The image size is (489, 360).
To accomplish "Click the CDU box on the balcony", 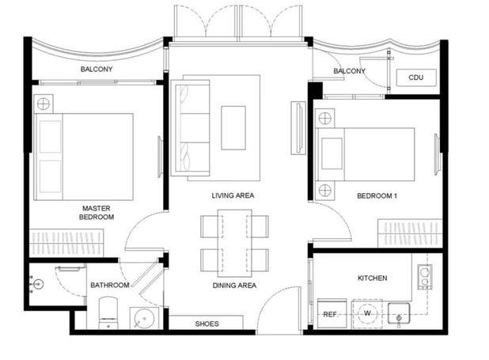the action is click(416, 78).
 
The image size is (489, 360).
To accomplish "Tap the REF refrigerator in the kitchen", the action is click(332, 313).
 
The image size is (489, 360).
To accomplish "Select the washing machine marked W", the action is click(367, 313).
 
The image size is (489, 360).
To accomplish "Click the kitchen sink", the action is click(399, 313).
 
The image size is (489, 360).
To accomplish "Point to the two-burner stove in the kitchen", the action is click(425, 277).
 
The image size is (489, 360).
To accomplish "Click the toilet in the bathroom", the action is click(108, 313).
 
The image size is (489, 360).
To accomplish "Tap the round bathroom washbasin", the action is click(144, 318).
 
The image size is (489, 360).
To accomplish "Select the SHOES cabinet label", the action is click(207, 324).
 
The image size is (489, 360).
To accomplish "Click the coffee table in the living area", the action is click(233, 128).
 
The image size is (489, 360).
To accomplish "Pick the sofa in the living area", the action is click(190, 128).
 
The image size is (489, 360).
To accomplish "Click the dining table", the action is click(234, 243).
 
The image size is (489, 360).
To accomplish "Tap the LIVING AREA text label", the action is click(233, 195).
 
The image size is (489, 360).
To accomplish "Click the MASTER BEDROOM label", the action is click(97, 213).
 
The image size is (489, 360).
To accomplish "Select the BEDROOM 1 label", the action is click(377, 196).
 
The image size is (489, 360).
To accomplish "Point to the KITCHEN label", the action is click(373, 278).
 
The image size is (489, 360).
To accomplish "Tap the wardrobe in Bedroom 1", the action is click(411, 233).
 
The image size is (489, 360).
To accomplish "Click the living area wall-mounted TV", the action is click(298, 128).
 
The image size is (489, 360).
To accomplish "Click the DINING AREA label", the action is click(234, 286).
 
